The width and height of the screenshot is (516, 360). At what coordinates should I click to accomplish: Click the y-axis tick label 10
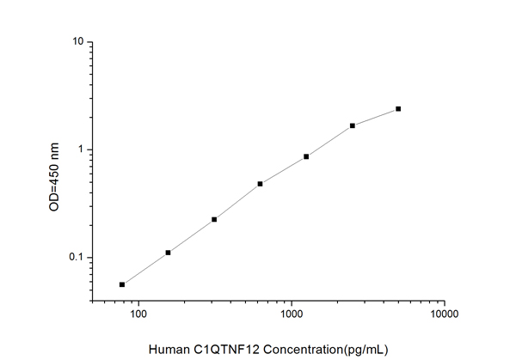point(77,42)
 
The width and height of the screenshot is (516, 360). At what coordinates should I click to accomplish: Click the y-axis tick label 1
point(79,149)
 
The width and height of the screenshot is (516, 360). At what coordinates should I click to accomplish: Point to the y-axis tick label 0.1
point(75,258)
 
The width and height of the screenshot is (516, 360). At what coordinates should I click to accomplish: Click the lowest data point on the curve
point(122,284)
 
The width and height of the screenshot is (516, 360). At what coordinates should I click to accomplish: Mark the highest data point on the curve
point(398,109)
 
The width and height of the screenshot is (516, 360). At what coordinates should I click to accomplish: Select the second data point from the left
point(168,253)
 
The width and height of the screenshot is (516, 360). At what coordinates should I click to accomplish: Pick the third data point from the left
point(214,219)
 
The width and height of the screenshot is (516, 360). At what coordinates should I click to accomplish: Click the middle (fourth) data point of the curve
point(260,184)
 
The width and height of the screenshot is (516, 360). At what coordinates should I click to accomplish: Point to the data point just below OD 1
point(306,156)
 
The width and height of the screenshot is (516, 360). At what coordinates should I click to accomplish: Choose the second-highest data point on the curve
point(353,125)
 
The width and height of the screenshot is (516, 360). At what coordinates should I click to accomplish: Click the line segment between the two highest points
point(376,117)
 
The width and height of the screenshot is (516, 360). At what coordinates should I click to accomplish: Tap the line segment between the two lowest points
point(144,269)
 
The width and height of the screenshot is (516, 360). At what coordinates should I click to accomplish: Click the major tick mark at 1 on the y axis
point(91,149)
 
